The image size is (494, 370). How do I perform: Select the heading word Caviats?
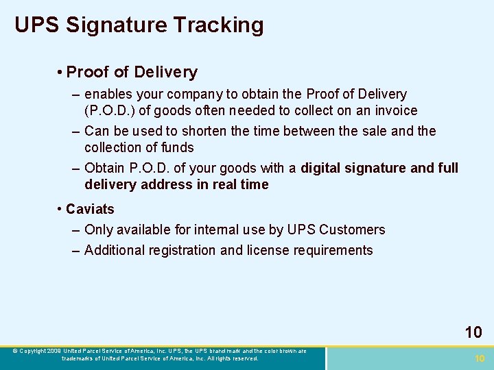click(91, 209)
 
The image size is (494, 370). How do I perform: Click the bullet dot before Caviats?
click(60, 209)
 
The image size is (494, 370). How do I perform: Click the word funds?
click(176, 147)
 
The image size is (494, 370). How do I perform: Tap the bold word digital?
click(328, 168)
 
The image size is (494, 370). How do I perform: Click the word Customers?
click(352, 230)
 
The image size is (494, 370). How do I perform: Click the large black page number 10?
click(473, 332)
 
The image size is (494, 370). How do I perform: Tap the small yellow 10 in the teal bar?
click(480, 358)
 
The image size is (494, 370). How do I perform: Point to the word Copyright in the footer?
click(34, 351)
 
